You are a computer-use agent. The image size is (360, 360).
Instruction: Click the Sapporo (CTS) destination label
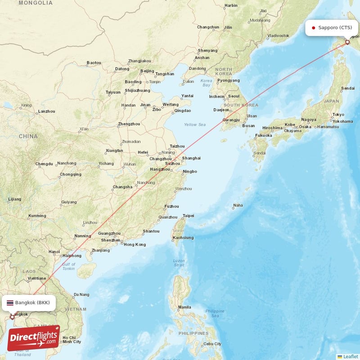(335, 27)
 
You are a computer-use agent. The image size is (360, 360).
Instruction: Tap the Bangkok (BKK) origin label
(32, 302)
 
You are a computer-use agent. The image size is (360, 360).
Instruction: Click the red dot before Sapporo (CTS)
(313, 28)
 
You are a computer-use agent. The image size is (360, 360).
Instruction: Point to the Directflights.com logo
(33, 338)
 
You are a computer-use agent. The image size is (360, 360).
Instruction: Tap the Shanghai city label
(191, 158)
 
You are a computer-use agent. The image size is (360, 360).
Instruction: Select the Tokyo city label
(338, 115)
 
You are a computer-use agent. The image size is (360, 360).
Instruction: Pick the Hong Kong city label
(135, 244)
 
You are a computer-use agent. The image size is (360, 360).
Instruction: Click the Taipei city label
(188, 216)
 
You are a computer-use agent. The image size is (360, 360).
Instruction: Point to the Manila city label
(184, 307)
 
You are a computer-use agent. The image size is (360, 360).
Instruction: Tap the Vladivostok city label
(278, 35)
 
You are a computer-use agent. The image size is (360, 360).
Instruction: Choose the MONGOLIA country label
(36, 3)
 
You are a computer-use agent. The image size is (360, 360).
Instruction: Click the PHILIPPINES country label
(193, 333)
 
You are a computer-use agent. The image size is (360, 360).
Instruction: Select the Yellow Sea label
(194, 125)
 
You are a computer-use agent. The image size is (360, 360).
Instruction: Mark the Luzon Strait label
(179, 263)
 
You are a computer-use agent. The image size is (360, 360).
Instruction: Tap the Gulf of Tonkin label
(69, 266)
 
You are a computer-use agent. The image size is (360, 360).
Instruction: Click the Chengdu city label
(44, 164)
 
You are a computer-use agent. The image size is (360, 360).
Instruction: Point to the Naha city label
(238, 205)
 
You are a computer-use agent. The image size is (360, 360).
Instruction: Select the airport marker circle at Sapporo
(347, 42)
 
